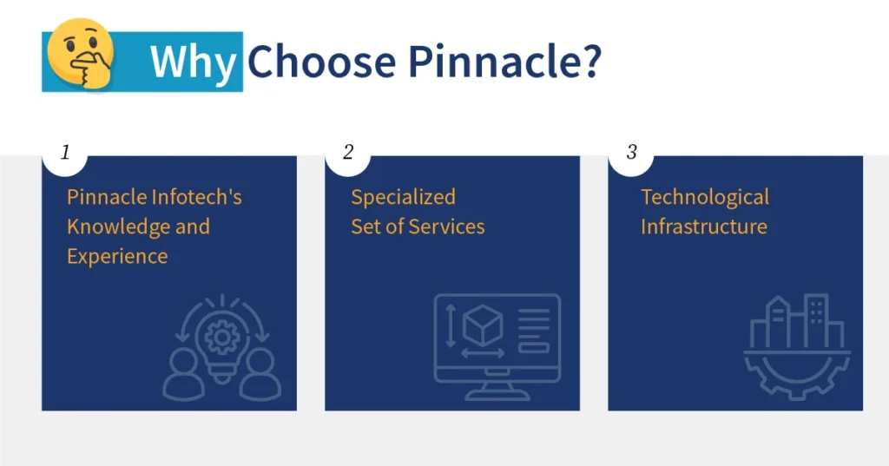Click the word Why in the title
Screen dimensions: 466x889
(193, 62)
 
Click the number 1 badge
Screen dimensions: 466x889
(65, 153)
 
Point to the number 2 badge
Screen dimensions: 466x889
(348, 153)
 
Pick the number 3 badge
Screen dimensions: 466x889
(631, 153)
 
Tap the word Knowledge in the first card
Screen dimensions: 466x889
(108, 226)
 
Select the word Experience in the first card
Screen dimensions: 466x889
(117, 256)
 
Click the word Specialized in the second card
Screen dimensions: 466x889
(403, 197)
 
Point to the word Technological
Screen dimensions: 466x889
(705, 197)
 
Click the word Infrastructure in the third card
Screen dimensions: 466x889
(704, 226)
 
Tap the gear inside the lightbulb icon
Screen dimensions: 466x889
(223, 335)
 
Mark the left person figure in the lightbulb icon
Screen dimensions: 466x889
(184, 376)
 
